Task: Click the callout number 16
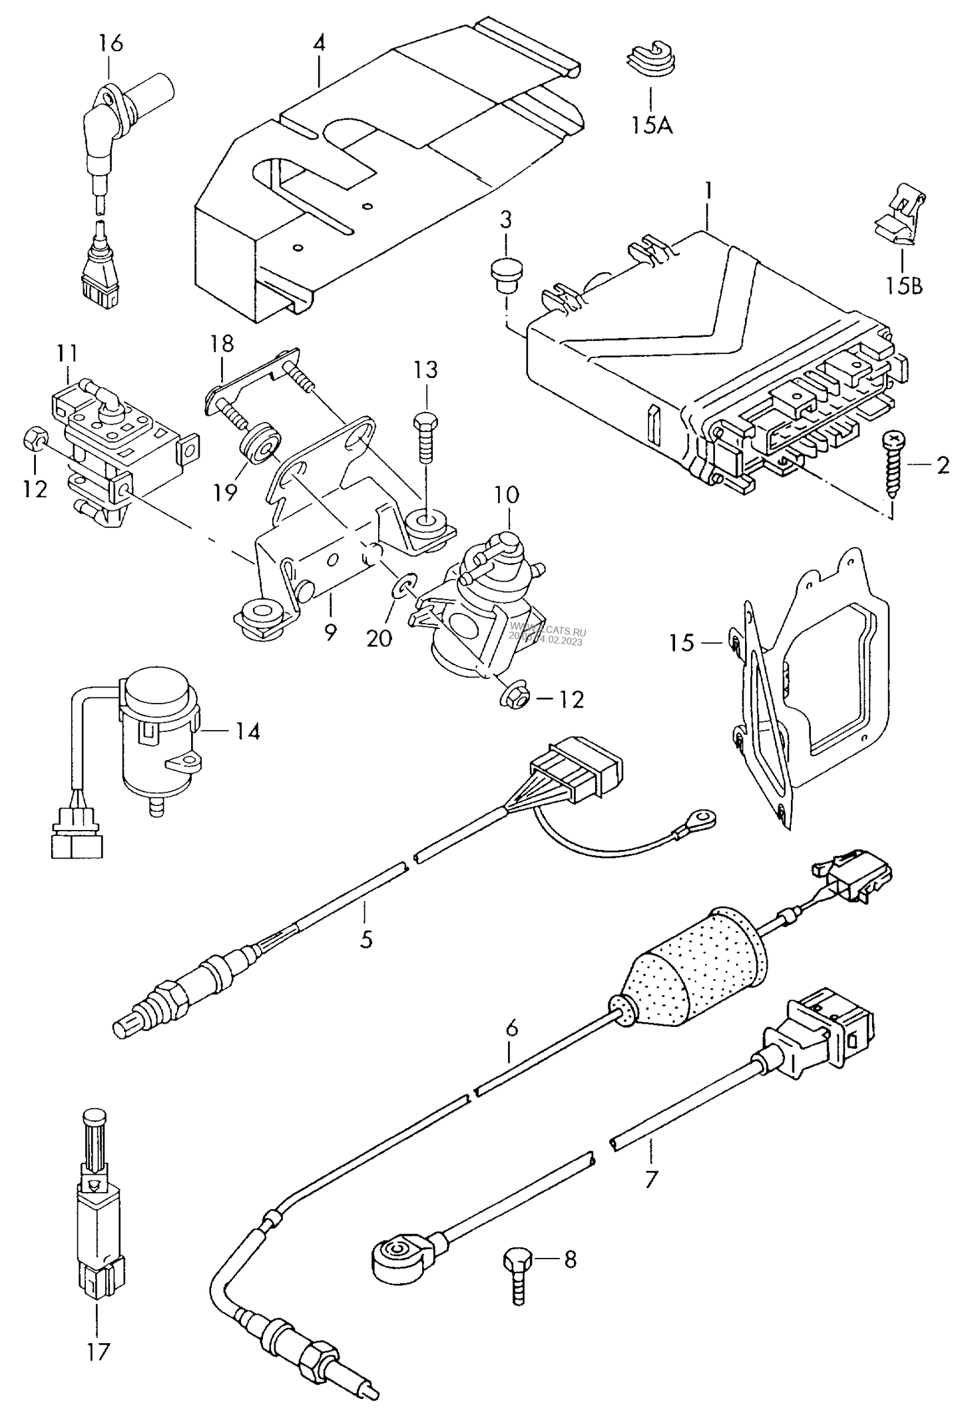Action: coord(111,44)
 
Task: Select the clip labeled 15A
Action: coord(649,57)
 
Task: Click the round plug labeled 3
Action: coord(506,273)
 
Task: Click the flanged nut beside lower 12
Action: coord(514,696)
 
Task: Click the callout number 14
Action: coord(247,732)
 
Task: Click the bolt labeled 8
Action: coord(517,1275)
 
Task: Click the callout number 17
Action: coord(98,1366)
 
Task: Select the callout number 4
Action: coord(320,44)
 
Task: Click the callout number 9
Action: coord(330,632)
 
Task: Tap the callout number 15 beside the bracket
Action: coord(682,643)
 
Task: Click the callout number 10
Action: coord(507,495)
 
